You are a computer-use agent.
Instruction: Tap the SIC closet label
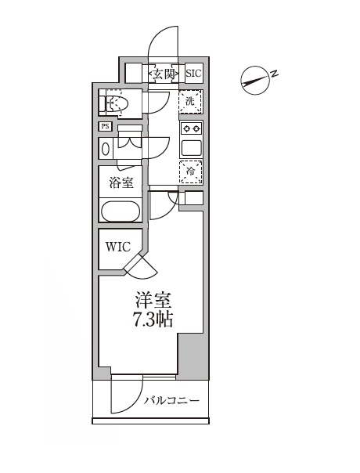click(193, 74)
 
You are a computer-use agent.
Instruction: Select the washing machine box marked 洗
click(190, 101)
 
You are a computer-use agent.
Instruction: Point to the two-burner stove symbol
click(191, 128)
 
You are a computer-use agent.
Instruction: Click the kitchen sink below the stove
click(191, 146)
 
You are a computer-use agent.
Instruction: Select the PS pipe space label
click(104, 126)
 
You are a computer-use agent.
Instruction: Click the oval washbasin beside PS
click(106, 148)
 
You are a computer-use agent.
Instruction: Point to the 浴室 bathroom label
click(120, 182)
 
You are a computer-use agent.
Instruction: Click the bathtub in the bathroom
click(120, 212)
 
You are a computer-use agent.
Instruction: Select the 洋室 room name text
click(153, 301)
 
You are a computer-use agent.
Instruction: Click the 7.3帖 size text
click(153, 320)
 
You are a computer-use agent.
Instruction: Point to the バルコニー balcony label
click(171, 402)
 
